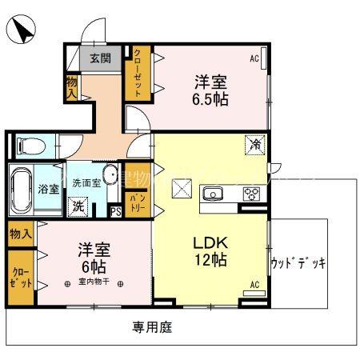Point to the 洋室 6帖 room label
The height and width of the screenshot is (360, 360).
click(94, 255)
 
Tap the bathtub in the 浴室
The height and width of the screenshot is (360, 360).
click(22, 190)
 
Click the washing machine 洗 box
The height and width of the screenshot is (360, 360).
click(79, 206)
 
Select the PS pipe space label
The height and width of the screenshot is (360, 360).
click(115, 211)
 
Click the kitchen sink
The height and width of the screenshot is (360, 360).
click(214, 194)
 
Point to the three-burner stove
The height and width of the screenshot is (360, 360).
click(251, 194)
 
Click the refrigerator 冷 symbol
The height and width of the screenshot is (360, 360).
click(255, 146)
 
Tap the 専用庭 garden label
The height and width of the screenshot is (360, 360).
click(152, 327)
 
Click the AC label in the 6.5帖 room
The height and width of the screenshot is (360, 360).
click(254, 58)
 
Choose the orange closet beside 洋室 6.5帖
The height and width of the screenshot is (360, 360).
click(138, 73)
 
